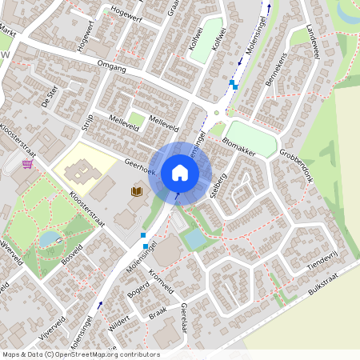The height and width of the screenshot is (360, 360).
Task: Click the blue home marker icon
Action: click(x=179, y=172)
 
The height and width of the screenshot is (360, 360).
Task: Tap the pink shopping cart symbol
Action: click(x=29, y=164)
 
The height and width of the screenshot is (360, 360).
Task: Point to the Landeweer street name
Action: click(x=310, y=41)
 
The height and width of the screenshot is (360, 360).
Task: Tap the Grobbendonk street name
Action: click(x=295, y=161)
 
